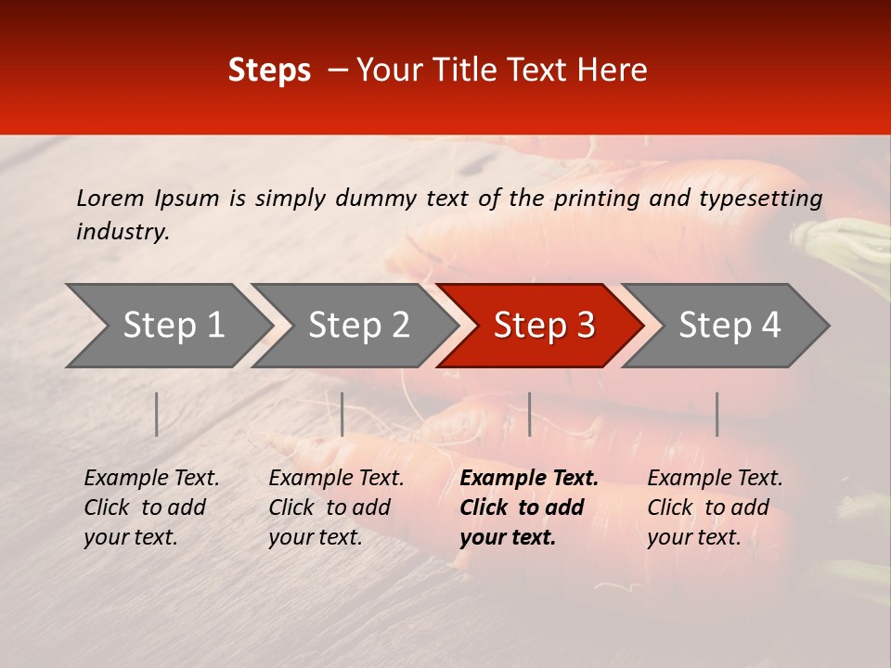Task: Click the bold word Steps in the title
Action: pyautogui.click(x=269, y=71)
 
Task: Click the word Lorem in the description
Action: pyautogui.click(x=110, y=198)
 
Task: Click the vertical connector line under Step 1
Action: pyautogui.click(x=157, y=414)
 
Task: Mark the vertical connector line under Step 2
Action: pyautogui.click(x=342, y=414)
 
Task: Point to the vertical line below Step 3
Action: pyautogui.click(x=529, y=414)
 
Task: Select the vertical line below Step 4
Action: pyautogui.click(x=717, y=414)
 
